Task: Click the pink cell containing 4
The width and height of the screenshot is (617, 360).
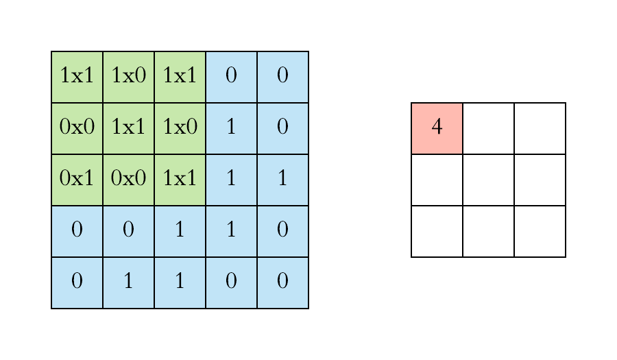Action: [x=437, y=128]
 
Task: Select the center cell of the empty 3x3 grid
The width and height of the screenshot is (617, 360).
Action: [x=488, y=180]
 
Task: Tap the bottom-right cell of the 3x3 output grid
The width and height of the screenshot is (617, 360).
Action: [x=540, y=231]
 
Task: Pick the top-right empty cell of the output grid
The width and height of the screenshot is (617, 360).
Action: [x=540, y=128]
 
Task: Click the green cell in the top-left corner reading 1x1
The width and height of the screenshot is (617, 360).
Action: [x=77, y=77]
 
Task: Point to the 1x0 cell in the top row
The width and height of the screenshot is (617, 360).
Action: [x=128, y=77]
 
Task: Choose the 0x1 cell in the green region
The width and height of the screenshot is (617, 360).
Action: [x=77, y=180]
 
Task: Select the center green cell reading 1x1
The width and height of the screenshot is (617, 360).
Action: [x=128, y=128]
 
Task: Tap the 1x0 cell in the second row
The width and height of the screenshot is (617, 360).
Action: [x=180, y=128]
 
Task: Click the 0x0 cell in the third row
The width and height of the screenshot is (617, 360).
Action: [x=128, y=180]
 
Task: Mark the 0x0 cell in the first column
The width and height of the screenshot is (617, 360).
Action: [x=77, y=128]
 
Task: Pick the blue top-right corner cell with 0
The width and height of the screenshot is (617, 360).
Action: [x=282, y=77]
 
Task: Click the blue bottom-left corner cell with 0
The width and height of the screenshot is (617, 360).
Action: [x=77, y=283]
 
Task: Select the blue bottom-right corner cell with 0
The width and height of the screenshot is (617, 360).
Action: [x=282, y=283]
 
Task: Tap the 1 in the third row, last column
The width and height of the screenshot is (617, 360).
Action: [x=282, y=180]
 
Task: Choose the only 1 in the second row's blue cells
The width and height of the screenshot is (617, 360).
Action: [x=231, y=128]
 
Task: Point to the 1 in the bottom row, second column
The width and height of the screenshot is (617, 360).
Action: [x=128, y=283]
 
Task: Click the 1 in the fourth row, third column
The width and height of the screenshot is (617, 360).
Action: [x=180, y=231]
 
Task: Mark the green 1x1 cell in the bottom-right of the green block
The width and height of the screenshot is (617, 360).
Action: [x=180, y=180]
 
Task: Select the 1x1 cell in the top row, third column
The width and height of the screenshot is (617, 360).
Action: [x=180, y=77]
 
